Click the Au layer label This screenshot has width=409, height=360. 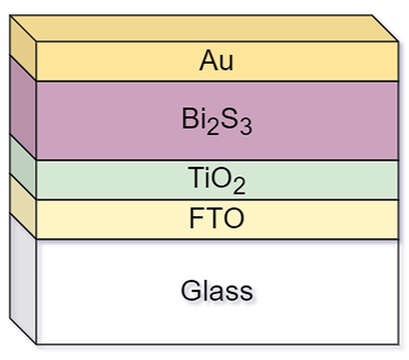(x=216, y=61)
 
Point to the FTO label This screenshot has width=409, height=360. (x=217, y=219)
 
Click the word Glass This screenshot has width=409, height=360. (x=217, y=290)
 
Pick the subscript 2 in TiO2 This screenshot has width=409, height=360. (x=238, y=187)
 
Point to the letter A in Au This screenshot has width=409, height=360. (x=207, y=61)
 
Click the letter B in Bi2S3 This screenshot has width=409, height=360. (x=189, y=120)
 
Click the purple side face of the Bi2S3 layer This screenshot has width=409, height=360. (x=22, y=107)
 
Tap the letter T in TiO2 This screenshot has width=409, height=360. (x=194, y=179)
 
